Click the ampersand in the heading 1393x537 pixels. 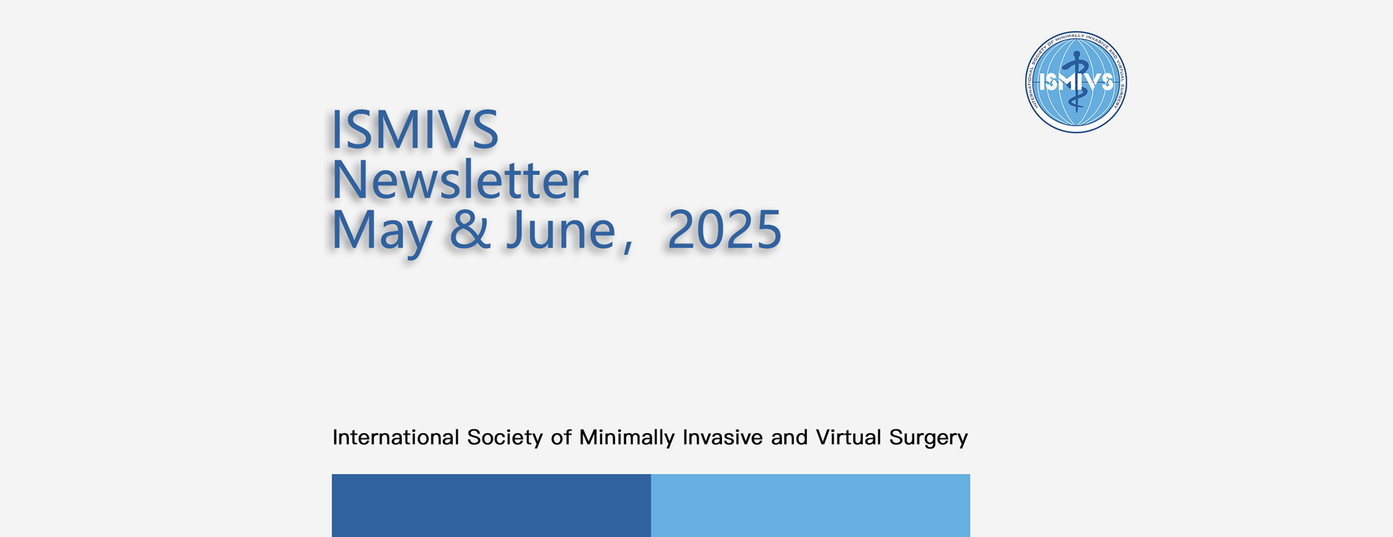point(470,230)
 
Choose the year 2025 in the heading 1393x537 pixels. point(724,230)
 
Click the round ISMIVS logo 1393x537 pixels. point(1076,82)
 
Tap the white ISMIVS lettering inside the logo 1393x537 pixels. point(1076,82)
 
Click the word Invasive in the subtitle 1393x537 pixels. point(723,438)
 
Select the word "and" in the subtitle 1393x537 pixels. point(789,438)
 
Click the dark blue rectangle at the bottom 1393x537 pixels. point(491,506)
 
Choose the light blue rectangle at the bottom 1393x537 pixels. point(810,506)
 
